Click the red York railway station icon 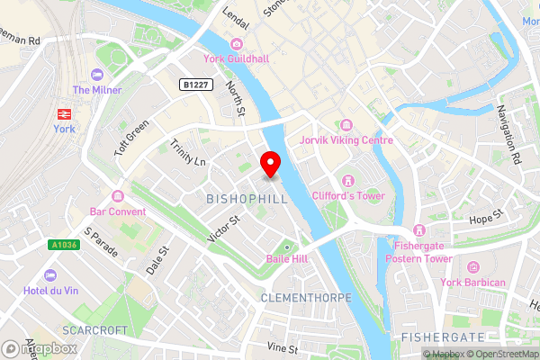point(65,113)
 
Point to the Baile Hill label point(287,258)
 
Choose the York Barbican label point(474,282)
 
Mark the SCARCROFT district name point(95,330)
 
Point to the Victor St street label point(223,226)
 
